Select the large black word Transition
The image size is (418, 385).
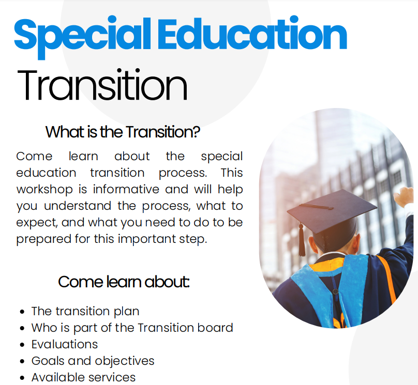click(102, 85)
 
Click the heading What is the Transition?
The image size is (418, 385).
click(123, 132)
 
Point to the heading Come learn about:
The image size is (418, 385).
click(124, 282)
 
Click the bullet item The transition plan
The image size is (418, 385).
click(85, 311)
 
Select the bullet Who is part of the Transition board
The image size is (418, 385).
click(132, 328)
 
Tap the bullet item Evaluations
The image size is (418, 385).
click(65, 344)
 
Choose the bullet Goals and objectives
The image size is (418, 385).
click(93, 361)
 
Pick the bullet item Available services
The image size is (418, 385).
click(84, 377)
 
